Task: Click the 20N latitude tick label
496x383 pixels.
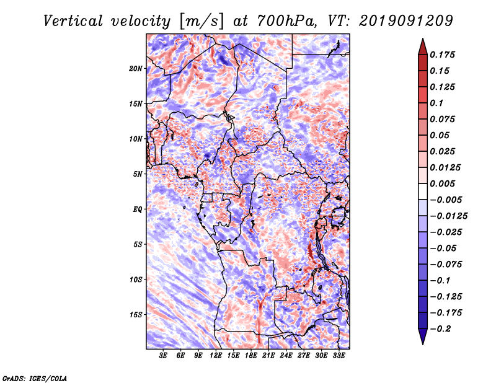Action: tap(135, 69)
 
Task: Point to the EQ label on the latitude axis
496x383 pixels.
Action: tap(137, 209)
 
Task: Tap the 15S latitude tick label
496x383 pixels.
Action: tap(135, 315)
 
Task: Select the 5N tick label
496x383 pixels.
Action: tap(137, 174)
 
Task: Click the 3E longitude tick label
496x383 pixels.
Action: tap(163, 355)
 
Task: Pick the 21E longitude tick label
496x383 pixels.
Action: tap(268, 355)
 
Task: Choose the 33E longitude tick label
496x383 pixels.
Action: tap(339, 355)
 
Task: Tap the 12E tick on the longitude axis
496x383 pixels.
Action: tap(216, 355)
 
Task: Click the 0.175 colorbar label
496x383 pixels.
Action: tap(442, 55)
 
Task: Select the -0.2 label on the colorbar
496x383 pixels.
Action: tap(440, 329)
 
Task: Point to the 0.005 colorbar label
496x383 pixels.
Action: tap(442, 183)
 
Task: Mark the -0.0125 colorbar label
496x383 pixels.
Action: tap(448, 216)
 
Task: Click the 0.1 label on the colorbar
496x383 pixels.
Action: tap(436, 103)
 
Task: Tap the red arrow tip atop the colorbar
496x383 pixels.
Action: tap(423, 39)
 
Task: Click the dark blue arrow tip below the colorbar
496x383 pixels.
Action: tap(423, 344)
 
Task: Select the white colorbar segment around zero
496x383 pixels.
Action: tap(423, 191)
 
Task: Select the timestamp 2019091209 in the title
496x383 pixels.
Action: tap(406, 21)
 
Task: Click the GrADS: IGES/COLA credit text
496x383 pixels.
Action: tap(35, 378)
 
